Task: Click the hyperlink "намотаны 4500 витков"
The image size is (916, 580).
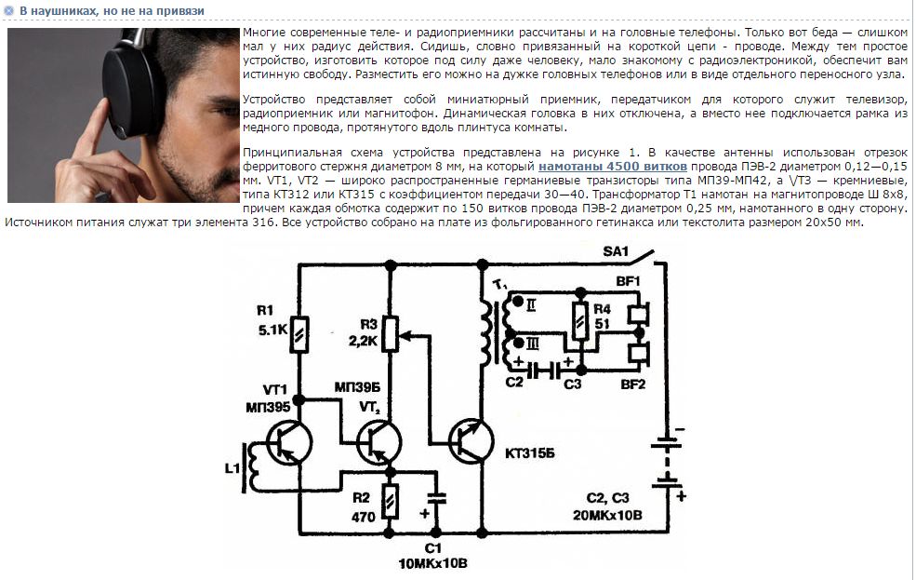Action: pos(612,167)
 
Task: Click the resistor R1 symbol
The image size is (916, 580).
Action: pos(299,334)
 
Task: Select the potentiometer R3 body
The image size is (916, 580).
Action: pos(391,334)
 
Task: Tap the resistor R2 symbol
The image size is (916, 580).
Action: pos(390,501)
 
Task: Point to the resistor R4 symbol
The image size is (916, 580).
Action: pos(580,321)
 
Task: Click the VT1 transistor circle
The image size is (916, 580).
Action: pos(288,442)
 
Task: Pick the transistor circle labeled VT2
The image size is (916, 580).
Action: pos(379,442)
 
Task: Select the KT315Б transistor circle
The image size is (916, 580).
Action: pos(471,441)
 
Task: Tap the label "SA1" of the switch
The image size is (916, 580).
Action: pos(615,251)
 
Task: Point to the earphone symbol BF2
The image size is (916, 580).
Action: pos(639,353)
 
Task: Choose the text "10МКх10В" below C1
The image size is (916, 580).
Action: pos(432,563)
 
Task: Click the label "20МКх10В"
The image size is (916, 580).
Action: pos(607,515)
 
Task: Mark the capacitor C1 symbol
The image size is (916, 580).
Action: pos(436,498)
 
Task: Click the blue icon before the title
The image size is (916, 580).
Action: pos(9,10)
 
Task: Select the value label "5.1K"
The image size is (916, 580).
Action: pos(272,330)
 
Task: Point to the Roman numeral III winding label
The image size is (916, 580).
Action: pos(533,344)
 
